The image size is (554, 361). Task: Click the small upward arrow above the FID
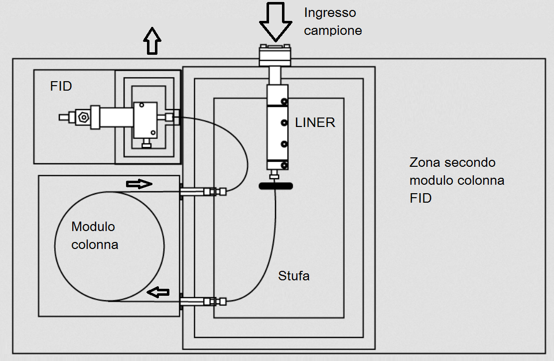[153, 40]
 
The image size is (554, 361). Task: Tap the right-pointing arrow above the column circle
[139, 184]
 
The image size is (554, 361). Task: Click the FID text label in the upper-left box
[61, 86]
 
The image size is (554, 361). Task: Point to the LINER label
[315, 122]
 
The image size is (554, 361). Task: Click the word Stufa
[294, 275]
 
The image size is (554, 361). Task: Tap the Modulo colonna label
[95, 236]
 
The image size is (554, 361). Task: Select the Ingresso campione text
[333, 21]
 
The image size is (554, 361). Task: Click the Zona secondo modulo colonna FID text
[457, 180]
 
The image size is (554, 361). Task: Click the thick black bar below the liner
[276, 186]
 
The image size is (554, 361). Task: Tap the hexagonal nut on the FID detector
[83, 118]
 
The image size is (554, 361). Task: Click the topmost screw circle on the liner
[284, 102]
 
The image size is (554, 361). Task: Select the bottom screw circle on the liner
[284, 165]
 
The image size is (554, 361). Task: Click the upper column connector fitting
[204, 191]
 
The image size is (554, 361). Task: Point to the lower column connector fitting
[204, 301]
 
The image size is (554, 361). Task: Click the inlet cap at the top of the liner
[276, 54]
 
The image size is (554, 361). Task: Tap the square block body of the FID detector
[144, 120]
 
